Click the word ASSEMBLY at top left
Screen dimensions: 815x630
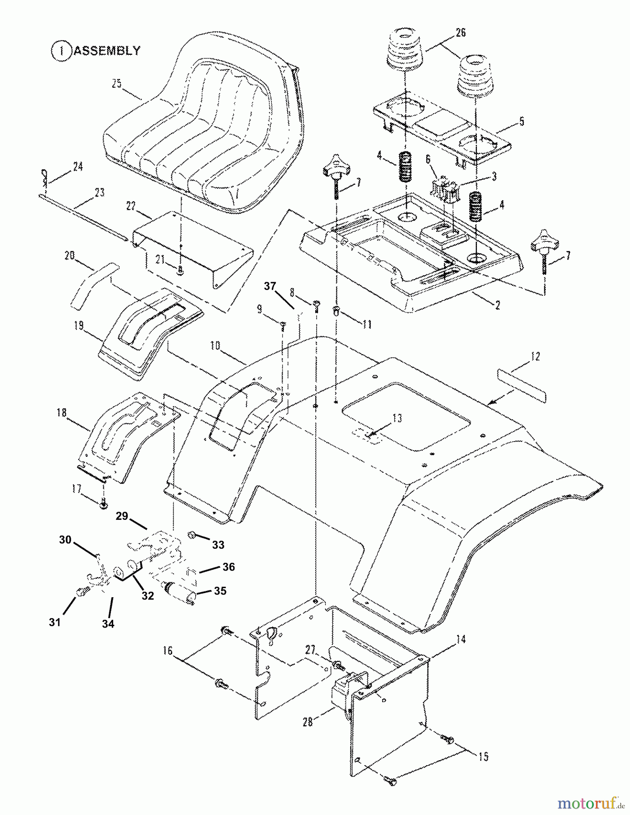pos(107,50)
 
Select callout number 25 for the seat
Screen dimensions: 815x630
pos(117,84)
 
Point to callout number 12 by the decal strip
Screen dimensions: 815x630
pos(535,356)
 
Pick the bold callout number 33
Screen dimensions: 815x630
pos(218,545)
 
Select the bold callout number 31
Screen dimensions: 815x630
pos(55,623)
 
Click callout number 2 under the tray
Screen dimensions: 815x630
pos(497,306)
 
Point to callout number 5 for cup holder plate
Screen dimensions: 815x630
pos(521,122)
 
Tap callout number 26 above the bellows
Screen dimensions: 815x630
pos(460,33)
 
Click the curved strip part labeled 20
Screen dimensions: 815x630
pos(94,286)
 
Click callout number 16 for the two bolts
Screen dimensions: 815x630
pos(168,651)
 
